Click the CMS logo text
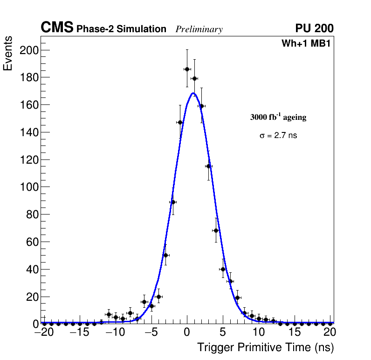[x=57, y=28]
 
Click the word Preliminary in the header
[x=199, y=29]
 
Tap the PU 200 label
[x=314, y=28]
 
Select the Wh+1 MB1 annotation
[x=306, y=44]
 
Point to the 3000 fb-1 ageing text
[x=278, y=117]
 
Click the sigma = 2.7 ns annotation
[x=278, y=136]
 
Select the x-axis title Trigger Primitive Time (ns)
[x=265, y=347]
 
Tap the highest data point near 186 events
[x=187, y=69]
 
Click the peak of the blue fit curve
[x=193, y=93]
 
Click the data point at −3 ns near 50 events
[x=165, y=255]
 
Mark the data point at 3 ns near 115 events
[x=208, y=166]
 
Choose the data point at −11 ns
[x=109, y=314]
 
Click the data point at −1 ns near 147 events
[x=180, y=122]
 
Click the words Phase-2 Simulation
[x=121, y=29]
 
